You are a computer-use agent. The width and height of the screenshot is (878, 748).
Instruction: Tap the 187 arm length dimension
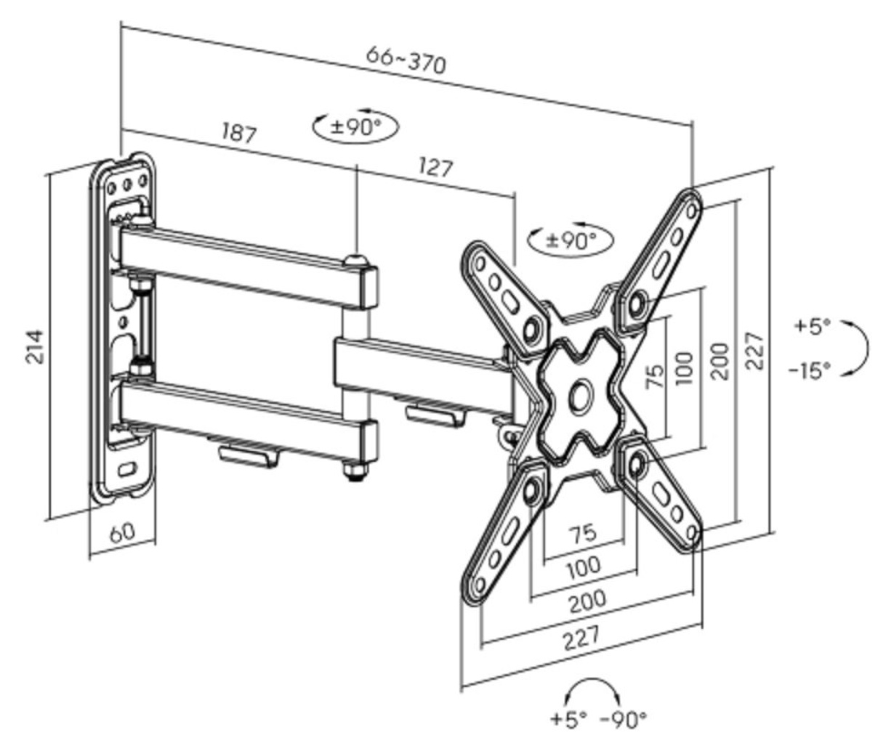click(x=239, y=132)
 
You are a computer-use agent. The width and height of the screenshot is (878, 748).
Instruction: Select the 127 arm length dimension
click(x=436, y=167)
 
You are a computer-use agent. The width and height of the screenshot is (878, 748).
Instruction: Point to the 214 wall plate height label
click(x=35, y=347)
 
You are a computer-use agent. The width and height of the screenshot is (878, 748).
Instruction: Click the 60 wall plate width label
click(x=123, y=532)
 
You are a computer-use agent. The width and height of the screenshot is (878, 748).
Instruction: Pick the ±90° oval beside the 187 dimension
click(x=356, y=126)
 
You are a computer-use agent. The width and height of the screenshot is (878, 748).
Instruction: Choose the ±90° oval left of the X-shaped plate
click(x=571, y=240)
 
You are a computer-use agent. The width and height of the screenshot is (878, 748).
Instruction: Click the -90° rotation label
click(x=624, y=719)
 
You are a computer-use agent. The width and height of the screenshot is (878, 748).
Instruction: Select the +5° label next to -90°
click(x=568, y=719)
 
